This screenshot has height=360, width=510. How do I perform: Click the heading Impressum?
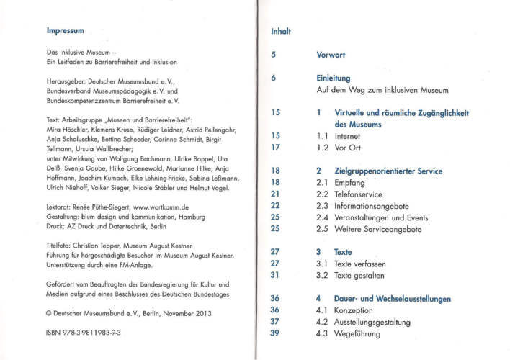pyautogui.click(x=66, y=31)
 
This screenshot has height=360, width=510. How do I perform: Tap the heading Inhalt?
pyautogui.click(x=280, y=31)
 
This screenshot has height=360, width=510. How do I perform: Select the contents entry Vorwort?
pyautogui.click(x=331, y=55)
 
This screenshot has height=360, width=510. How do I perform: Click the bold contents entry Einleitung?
pyautogui.click(x=333, y=78)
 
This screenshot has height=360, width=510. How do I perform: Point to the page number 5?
pyautogui.click(x=274, y=55)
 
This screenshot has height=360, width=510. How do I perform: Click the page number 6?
pyautogui.click(x=274, y=78)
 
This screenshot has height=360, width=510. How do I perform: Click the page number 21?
pyautogui.click(x=275, y=194)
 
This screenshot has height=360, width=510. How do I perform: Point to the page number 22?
pyautogui.click(x=275, y=206)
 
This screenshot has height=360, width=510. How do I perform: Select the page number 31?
pyautogui.click(x=275, y=275)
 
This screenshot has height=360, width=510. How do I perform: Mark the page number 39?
pyautogui.click(x=275, y=333)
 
